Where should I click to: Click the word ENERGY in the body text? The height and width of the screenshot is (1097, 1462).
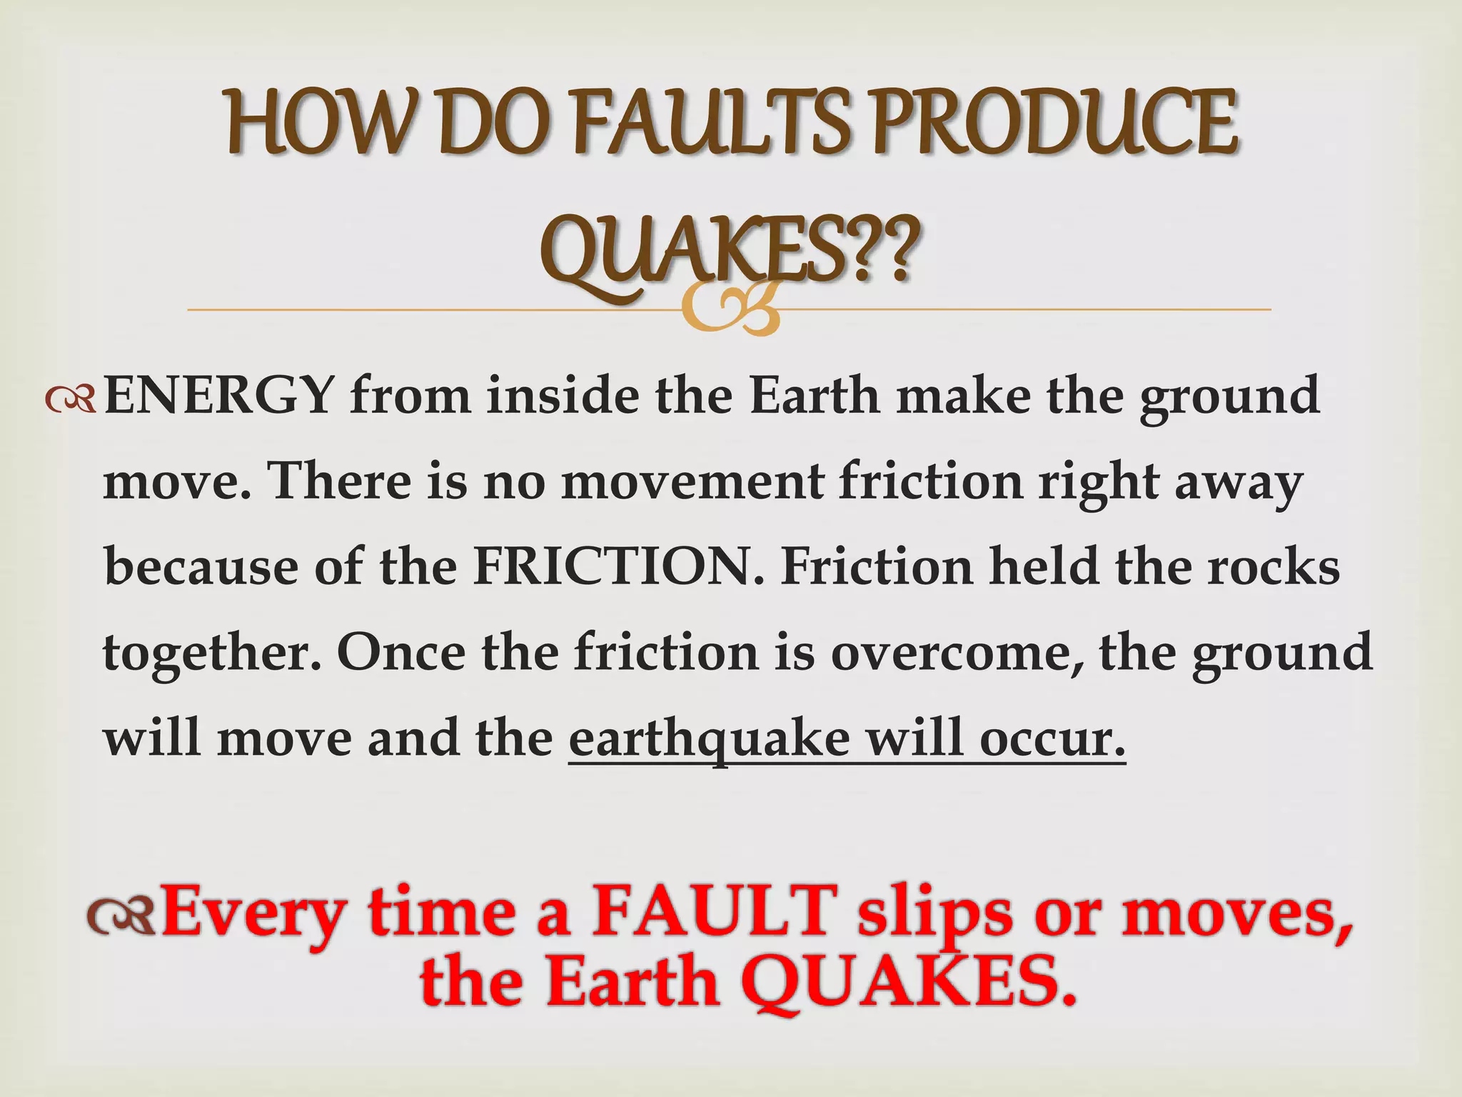(218, 396)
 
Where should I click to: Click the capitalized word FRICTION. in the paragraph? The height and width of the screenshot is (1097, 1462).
(617, 566)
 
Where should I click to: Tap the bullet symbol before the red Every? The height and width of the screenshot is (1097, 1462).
(120, 917)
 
